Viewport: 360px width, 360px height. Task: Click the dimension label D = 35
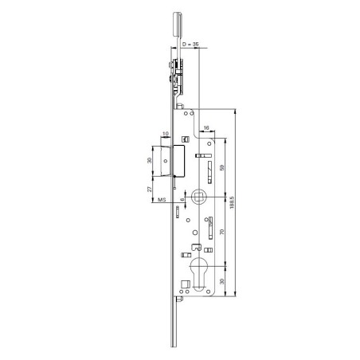190,46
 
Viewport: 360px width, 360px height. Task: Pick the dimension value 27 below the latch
150,190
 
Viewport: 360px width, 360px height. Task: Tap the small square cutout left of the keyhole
184,255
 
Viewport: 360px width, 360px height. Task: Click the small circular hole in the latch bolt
165,160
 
